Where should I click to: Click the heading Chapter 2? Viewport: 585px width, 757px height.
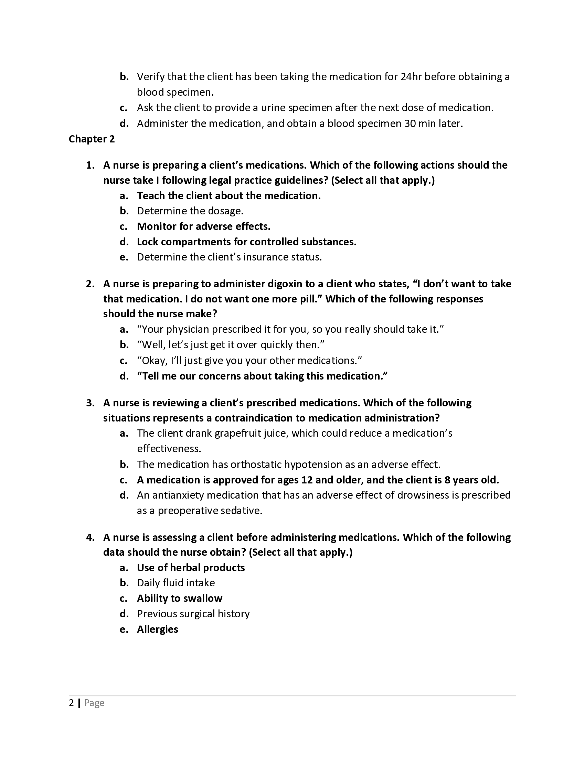[x=92, y=139]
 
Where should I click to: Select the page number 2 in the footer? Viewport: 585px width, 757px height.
[x=71, y=703]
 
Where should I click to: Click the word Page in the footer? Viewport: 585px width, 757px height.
[x=94, y=703]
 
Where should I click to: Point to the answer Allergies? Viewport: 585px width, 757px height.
[x=157, y=629]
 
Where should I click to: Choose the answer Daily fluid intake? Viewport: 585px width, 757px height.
[x=176, y=583]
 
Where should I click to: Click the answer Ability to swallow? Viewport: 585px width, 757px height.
[x=180, y=598]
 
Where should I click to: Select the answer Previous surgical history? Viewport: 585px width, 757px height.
[x=193, y=614]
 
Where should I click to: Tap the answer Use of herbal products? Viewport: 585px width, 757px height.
[x=191, y=567]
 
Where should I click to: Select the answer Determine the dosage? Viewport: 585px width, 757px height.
[x=190, y=211]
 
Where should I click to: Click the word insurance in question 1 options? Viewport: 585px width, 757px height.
[x=266, y=257]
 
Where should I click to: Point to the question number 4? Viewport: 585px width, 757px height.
[x=90, y=537]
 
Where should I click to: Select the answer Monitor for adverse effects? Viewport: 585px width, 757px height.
[x=203, y=226]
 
